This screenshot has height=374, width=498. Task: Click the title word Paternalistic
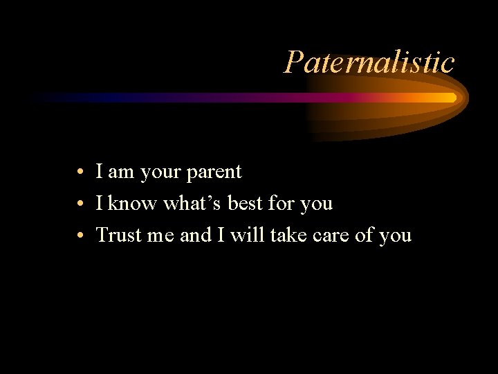pyautogui.click(x=369, y=62)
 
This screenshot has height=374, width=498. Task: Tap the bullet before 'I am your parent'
pyautogui.click(x=81, y=172)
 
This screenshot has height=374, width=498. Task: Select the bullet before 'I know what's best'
pyautogui.click(x=81, y=204)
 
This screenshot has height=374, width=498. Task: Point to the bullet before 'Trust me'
pyautogui.click(x=81, y=235)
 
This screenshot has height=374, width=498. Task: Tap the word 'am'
pyautogui.click(x=121, y=172)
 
